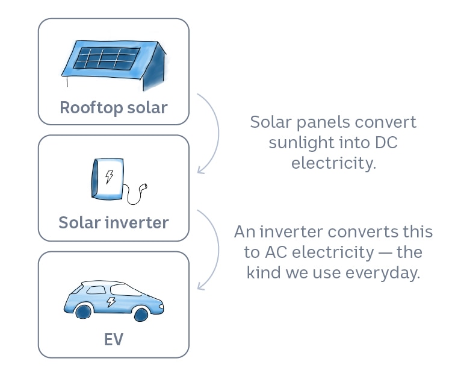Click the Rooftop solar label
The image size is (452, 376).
pyautogui.click(x=113, y=108)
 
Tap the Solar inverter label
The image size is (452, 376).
pyautogui.click(x=113, y=222)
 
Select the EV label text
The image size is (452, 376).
pyautogui.click(x=113, y=339)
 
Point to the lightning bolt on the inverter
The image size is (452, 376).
pyautogui.click(x=109, y=176)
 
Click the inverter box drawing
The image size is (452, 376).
pyautogui.click(x=108, y=178)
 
